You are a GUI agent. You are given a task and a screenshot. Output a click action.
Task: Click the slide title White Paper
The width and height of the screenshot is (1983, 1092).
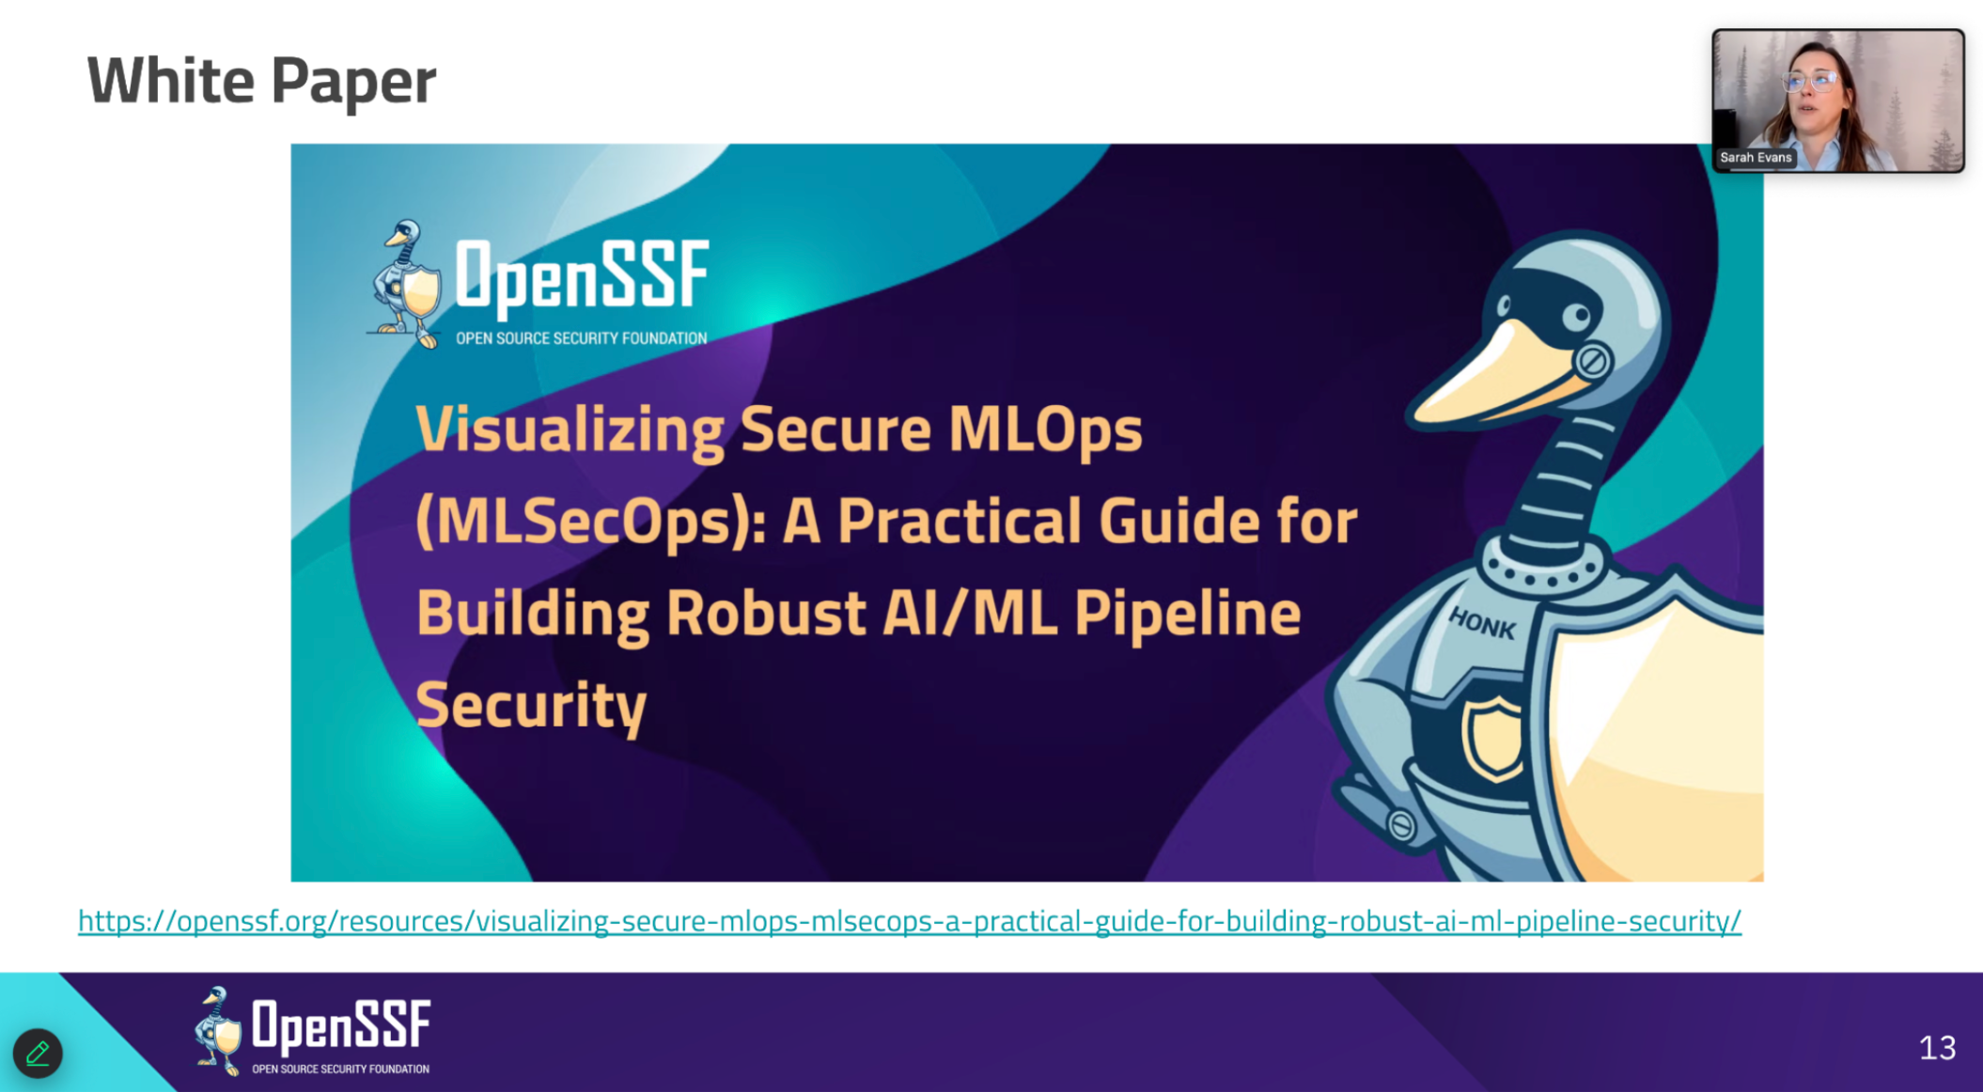coord(261,80)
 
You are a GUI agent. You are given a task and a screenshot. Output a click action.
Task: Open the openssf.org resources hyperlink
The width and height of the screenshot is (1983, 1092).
coord(909,920)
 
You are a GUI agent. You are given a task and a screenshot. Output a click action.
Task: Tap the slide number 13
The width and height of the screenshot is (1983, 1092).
coord(1937,1047)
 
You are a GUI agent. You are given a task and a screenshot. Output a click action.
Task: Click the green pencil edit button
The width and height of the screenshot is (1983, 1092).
coord(38,1053)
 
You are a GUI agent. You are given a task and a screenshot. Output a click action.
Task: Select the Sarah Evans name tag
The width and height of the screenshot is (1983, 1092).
coord(1756,157)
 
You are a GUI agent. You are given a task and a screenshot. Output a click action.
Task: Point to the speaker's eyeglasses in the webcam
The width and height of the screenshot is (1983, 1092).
coord(1812,82)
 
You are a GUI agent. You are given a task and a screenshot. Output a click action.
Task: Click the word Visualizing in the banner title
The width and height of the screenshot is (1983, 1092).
coord(570,430)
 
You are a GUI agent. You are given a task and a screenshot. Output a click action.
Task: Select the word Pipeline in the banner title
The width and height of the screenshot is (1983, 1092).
coord(1187,613)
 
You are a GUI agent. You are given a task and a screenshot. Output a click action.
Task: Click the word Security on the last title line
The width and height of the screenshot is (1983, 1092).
coord(531,705)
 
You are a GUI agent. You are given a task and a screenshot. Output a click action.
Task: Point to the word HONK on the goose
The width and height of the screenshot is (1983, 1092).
coord(1482,623)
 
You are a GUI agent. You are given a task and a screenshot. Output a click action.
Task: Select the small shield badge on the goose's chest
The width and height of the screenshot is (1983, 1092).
coord(1493,738)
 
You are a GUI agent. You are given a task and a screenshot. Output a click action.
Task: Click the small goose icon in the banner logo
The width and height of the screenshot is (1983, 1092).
coord(405,284)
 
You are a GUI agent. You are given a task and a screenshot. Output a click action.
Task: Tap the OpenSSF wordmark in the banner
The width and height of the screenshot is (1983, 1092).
coord(582,276)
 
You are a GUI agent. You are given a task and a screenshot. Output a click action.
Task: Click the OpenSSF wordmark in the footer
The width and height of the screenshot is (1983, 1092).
coord(341,1024)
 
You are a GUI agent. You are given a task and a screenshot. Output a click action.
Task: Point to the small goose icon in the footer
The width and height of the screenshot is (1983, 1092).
coord(218,1030)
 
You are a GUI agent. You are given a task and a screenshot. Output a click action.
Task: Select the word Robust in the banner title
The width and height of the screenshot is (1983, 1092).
coord(765,613)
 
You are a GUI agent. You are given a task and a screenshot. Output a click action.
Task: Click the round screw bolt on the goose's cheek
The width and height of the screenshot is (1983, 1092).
coord(1593,361)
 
